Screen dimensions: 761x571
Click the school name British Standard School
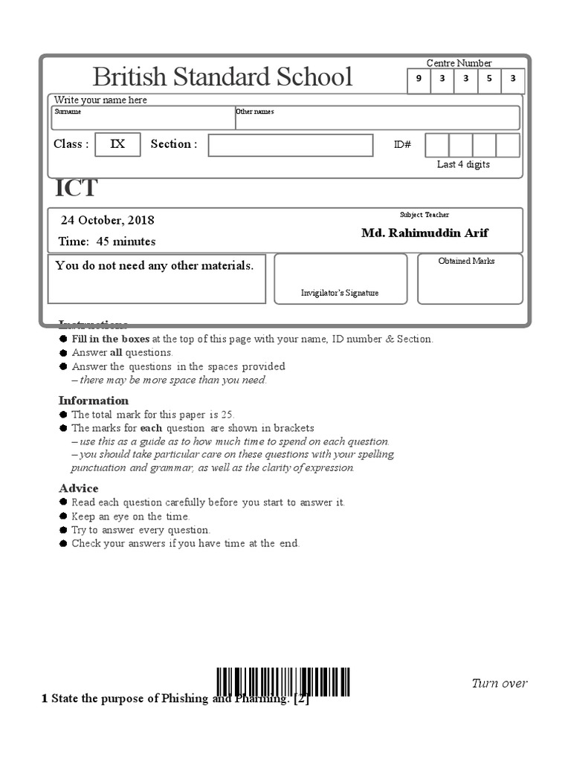pos(222,77)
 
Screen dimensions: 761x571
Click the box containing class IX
pos(118,144)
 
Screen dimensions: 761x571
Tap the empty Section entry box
pos(290,145)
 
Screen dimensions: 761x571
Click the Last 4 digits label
pos(463,164)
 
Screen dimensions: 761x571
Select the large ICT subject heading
pos(76,189)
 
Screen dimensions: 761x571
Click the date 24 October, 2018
pos(108,220)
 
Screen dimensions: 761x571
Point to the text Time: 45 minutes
pos(107,241)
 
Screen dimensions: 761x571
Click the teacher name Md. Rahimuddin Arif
pos(425,233)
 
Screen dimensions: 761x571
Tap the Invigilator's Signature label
pos(340,293)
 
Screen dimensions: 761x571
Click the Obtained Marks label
pos(466,261)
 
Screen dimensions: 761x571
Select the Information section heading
pos(94,401)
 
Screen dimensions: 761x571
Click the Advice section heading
pos(79,488)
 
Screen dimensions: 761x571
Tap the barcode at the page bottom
pos(284,681)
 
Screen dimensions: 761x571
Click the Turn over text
pos(500,683)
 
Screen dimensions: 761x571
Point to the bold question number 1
pos(45,699)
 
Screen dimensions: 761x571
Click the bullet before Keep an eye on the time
pos(62,516)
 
